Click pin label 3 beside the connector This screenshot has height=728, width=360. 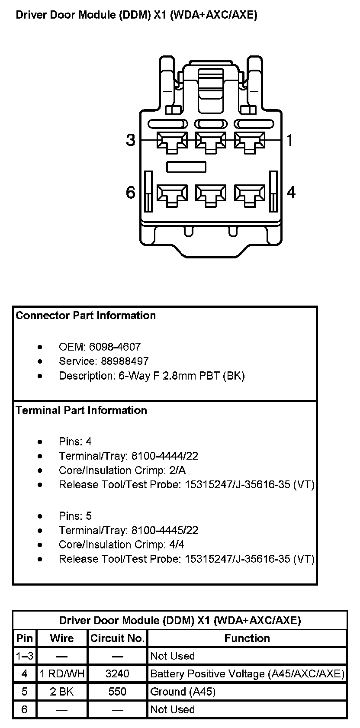131,140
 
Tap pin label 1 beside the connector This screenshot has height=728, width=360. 290,140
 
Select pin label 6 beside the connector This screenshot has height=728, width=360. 131,192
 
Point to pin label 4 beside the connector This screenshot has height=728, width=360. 291,192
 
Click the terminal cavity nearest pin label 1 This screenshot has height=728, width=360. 250,142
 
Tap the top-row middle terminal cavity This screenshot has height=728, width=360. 211,142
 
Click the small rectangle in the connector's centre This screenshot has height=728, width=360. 186,167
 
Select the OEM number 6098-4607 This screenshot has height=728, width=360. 115,347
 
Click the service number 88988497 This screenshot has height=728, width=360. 125,361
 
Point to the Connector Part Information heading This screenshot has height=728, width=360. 86,316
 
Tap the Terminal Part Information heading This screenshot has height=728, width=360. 81,410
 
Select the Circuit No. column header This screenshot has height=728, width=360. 117,638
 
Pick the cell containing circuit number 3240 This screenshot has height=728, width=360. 117,674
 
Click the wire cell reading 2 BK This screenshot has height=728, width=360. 62,692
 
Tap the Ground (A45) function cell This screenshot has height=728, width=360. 183,692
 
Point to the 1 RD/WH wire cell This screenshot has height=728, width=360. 62,674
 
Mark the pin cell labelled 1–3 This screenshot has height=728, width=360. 25,656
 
